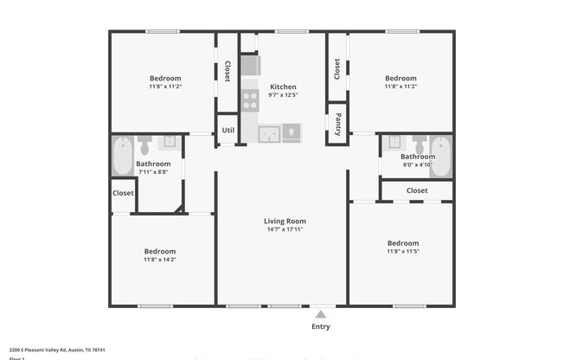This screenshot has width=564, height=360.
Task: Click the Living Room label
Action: point(285,221)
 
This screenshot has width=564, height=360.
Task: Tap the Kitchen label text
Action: point(283,87)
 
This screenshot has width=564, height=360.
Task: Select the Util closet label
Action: point(228,130)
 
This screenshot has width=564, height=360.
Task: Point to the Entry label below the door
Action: point(320,327)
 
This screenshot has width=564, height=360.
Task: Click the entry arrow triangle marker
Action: point(320,314)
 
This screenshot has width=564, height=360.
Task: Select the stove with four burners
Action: point(250,100)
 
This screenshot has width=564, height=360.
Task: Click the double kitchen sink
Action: point(270,133)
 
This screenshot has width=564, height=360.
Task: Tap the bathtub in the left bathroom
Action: point(122,157)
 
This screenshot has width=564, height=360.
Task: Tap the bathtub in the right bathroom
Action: point(440,156)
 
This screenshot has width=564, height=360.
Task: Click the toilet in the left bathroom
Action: point(144,142)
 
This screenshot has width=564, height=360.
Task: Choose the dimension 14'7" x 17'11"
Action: point(285,230)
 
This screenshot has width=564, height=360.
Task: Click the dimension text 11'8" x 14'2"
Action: point(162,260)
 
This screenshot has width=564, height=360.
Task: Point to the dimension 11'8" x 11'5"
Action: point(402,253)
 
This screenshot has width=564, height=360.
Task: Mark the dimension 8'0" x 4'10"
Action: point(418,165)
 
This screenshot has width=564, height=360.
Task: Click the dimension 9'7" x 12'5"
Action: point(283,96)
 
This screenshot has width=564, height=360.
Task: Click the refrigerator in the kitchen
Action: point(250,66)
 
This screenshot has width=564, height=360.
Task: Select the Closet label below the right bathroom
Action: point(417,190)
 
